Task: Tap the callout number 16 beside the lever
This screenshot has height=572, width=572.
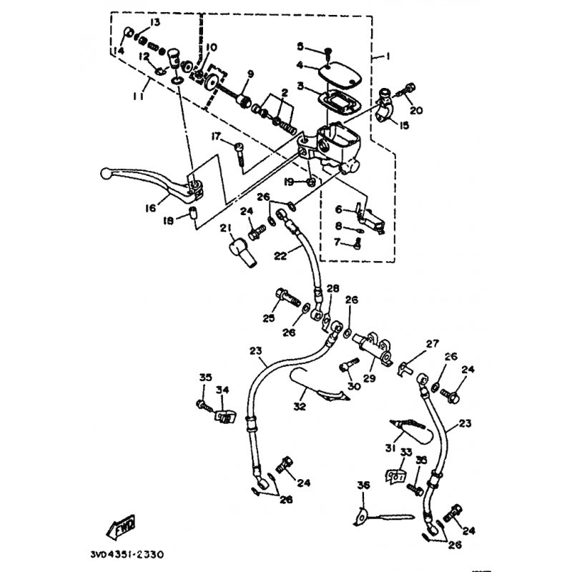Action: [x=149, y=208]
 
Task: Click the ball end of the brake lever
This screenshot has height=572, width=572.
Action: [x=105, y=173]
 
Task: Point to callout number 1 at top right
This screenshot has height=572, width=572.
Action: [x=388, y=56]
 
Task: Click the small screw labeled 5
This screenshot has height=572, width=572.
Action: [x=327, y=51]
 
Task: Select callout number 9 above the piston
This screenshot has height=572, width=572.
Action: [x=250, y=74]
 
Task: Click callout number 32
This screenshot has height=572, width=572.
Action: [x=300, y=407]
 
